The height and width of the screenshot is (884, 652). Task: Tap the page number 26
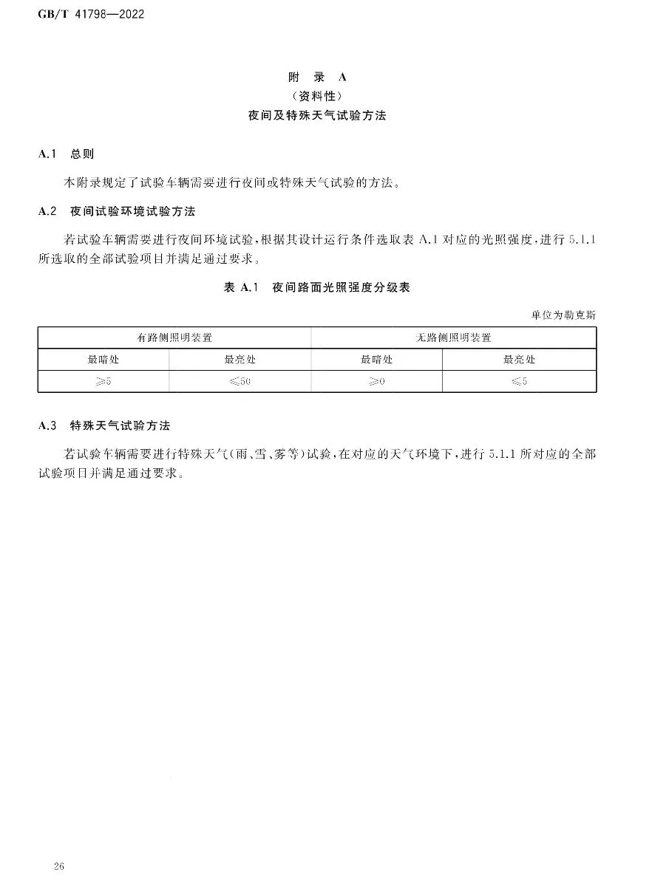(x=61, y=866)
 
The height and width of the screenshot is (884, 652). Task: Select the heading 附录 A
(x=317, y=77)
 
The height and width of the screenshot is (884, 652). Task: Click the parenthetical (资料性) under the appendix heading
(x=317, y=96)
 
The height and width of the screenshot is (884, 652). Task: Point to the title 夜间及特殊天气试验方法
(x=317, y=116)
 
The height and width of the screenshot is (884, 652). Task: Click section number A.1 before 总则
(x=48, y=154)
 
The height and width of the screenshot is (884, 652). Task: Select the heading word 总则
(x=82, y=154)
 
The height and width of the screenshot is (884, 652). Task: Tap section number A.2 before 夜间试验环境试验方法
(x=48, y=211)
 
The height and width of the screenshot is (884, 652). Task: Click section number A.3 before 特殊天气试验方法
(x=48, y=426)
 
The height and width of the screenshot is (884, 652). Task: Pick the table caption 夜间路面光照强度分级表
(x=341, y=287)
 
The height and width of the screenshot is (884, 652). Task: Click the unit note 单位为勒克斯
(x=563, y=315)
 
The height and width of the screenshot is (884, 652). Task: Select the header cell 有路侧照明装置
(x=174, y=338)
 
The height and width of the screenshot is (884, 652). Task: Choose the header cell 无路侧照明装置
(x=453, y=338)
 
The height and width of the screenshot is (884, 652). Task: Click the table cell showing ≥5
(x=103, y=382)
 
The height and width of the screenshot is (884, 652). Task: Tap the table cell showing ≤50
(x=240, y=382)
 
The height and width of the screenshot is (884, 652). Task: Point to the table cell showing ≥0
(x=376, y=382)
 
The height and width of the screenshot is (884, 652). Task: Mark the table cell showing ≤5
(x=519, y=382)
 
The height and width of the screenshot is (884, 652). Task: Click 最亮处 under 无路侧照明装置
(x=519, y=360)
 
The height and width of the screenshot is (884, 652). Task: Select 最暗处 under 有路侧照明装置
(x=103, y=360)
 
